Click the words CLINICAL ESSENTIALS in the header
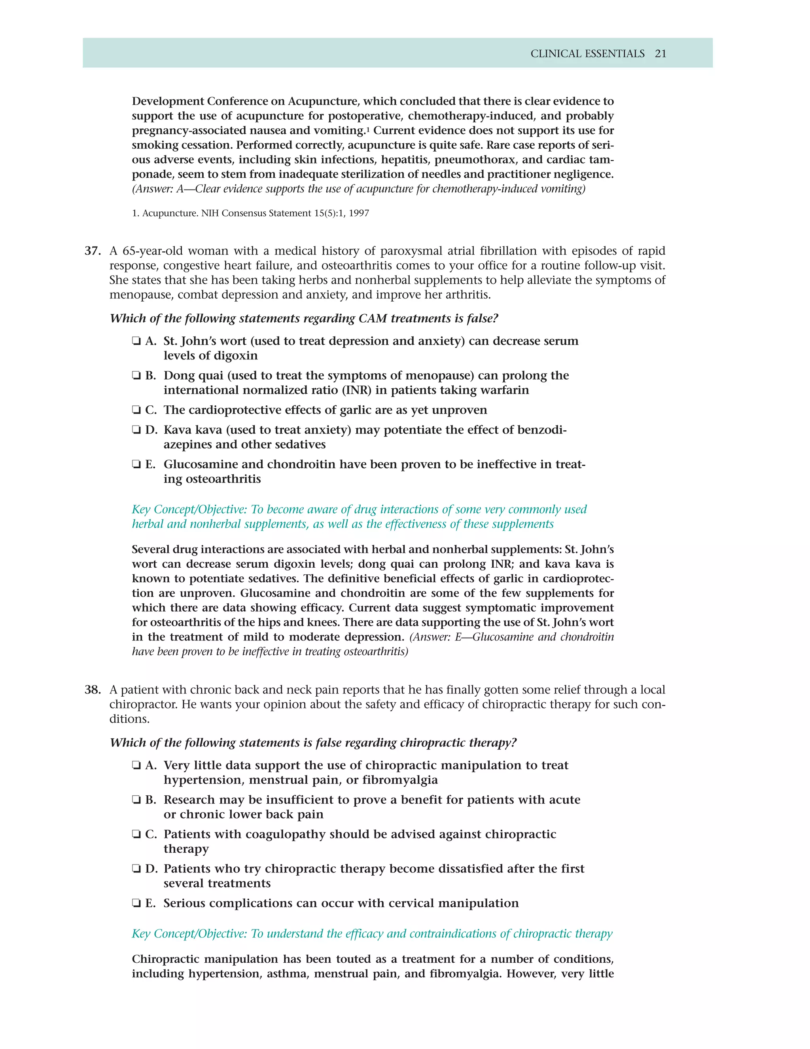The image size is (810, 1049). [x=587, y=54]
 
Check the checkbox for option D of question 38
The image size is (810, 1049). [x=136, y=869]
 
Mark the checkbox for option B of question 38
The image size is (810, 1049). [x=136, y=800]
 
